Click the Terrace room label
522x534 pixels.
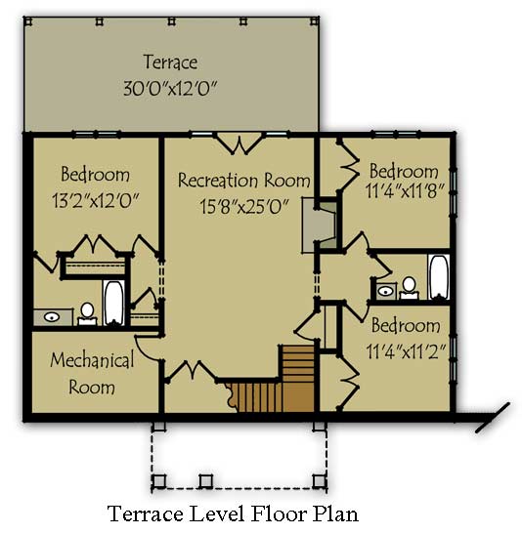[x=170, y=62]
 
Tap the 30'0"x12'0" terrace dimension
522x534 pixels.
[x=170, y=88]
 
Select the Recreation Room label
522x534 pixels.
[x=244, y=180]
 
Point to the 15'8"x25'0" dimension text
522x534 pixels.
[x=244, y=206]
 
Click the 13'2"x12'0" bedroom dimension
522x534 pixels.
[x=96, y=200]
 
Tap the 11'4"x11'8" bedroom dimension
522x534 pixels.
[x=405, y=190]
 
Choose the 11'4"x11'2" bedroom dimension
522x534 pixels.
[x=406, y=350]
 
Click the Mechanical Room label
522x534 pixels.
[x=92, y=374]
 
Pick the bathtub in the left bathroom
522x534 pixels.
[x=113, y=303]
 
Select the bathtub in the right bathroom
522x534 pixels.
[x=439, y=277]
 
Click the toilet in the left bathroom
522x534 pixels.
[x=87, y=314]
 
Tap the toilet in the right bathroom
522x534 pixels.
[x=410, y=288]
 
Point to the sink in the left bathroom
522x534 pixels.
[x=52, y=317]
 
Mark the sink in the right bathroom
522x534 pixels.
[x=385, y=291]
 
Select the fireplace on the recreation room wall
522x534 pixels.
[x=320, y=226]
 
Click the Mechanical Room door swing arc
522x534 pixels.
[x=145, y=350]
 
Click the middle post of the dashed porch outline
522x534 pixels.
[x=206, y=481]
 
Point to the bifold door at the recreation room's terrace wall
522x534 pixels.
[x=239, y=144]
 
